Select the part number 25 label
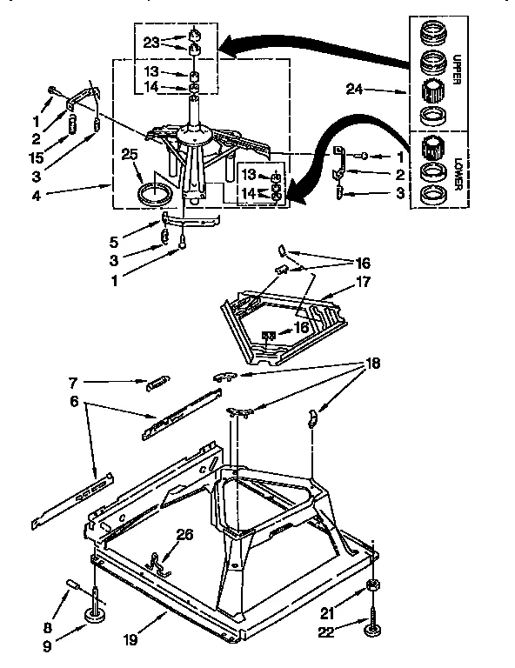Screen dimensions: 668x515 pyautogui.click(x=130, y=155)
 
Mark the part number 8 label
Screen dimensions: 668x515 pyautogui.click(x=70, y=627)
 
